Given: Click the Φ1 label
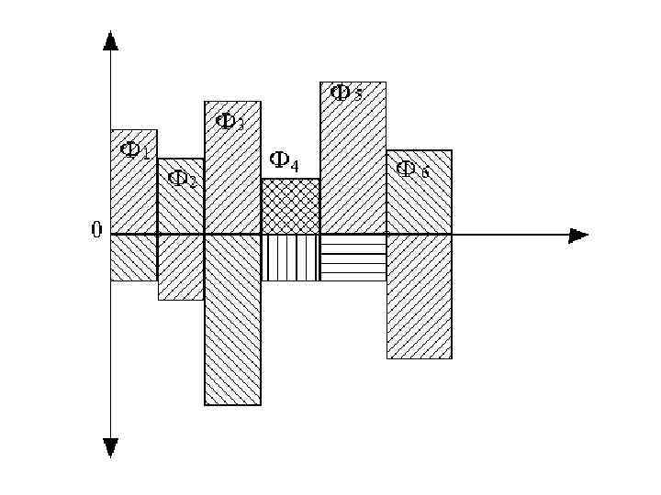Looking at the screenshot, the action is [x=135, y=150].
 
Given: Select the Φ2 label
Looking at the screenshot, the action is [x=183, y=179].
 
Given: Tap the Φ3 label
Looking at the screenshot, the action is [x=230, y=121].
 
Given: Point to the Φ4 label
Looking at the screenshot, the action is [x=284, y=163].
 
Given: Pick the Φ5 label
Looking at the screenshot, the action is [x=346, y=93].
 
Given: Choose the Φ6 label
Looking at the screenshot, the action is [x=412, y=169].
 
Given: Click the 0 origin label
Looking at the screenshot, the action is [x=96, y=230].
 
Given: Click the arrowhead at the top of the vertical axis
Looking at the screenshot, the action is [x=111, y=40].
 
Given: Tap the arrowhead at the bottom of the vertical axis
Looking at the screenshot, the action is [x=111, y=447].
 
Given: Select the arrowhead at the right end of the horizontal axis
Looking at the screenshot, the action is [x=578, y=236].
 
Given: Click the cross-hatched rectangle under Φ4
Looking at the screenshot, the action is [x=290, y=206].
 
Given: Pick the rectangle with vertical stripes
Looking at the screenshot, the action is [x=290, y=258].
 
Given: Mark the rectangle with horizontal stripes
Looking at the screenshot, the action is [x=353, y=258].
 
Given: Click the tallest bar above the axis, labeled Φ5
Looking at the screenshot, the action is [x=353, y=174].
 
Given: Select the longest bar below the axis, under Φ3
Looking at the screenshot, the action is [x=232, y=321].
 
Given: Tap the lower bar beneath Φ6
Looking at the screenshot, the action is [x=419, y=296].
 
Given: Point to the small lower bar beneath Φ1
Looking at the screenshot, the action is [x=134, y=258].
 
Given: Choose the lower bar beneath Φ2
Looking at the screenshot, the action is [x=181, y=268].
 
